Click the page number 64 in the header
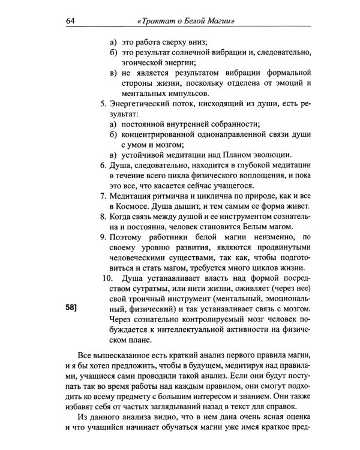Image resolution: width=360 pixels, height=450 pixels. tap(70, 23)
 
